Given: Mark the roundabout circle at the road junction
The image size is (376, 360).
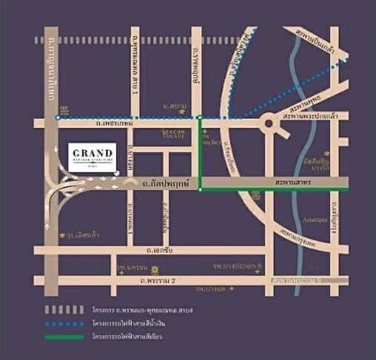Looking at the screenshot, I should point(269,123).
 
